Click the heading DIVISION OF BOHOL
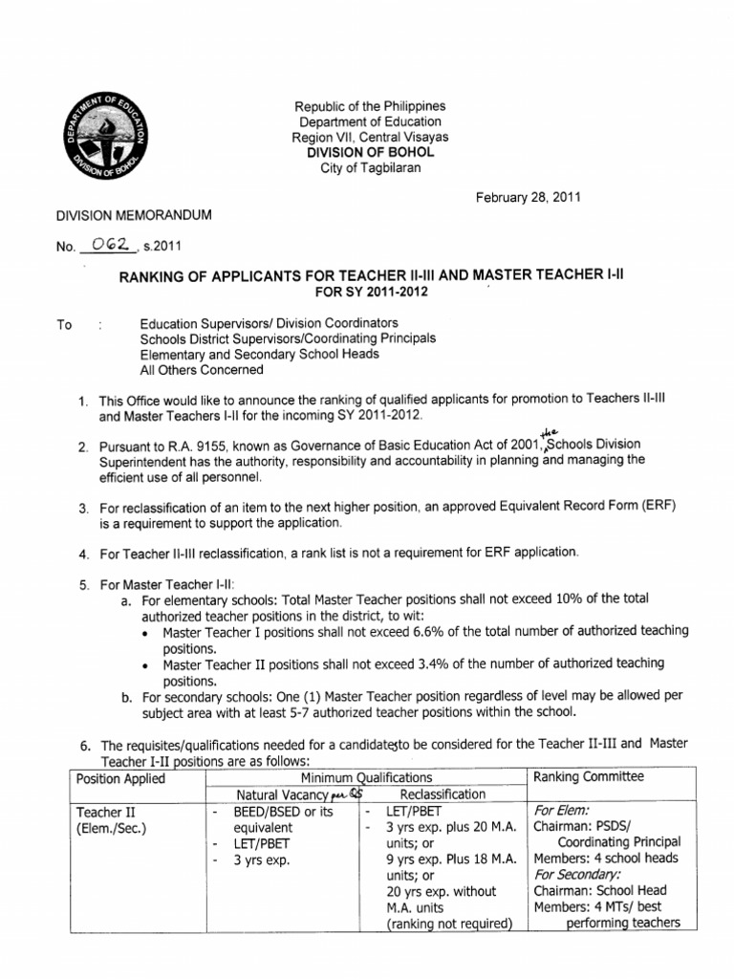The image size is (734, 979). click(369, 153)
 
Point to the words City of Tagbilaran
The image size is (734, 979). click(369, 169)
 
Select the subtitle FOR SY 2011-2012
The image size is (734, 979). click(369, 292)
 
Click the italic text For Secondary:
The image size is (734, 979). click(578, 874)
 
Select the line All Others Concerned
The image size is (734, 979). click(202, 370)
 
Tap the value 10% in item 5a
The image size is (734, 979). click(591, 598)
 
